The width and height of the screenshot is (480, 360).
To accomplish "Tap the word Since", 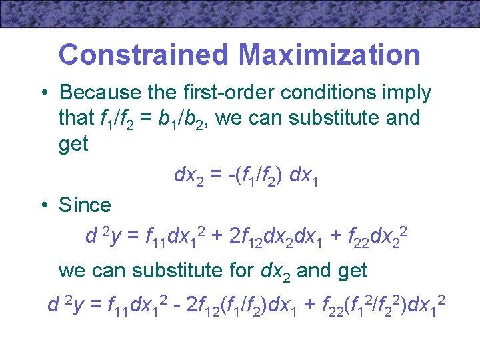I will coord(85,205).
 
